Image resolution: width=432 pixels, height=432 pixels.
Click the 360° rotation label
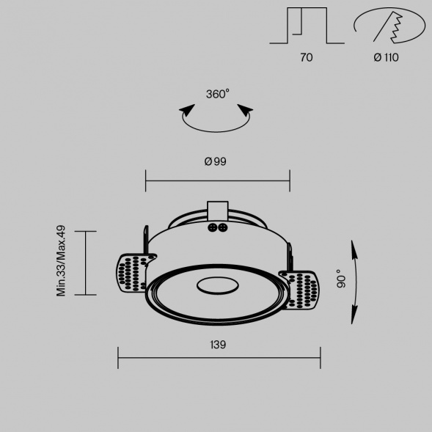tap(217, 94)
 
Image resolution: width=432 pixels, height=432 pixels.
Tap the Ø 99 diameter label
tap(215, 161)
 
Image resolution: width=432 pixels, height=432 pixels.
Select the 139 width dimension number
tap(218, 344)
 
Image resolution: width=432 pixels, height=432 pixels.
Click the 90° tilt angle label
tap(340, 281)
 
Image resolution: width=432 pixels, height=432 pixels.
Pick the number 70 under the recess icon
tap(306, 57)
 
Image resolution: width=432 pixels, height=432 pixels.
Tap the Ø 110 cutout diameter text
tap(386, 57)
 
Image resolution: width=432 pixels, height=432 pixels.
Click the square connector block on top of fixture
tap(218, 210)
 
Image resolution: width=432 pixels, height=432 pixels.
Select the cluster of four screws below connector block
tap(218, 227)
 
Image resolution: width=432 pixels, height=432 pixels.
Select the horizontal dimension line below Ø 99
tap(217, 180)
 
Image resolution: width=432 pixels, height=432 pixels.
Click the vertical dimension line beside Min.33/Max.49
tap(87, 263)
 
